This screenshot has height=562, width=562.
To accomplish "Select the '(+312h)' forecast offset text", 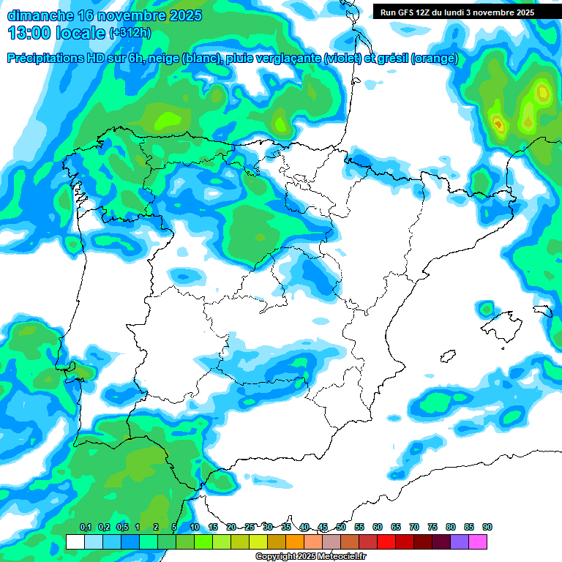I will tap(131, 33).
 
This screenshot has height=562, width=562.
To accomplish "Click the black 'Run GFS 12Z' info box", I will tap(457, 12).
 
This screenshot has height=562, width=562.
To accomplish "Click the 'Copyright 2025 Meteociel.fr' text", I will tap(311, 557).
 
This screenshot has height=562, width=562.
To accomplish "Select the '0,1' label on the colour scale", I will tap(86, 528).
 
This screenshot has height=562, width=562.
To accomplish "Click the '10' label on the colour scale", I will tap(195, 528).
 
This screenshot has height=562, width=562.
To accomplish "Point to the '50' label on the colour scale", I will tap(341, 528).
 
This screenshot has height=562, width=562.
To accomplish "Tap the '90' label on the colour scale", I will tap(487, 528).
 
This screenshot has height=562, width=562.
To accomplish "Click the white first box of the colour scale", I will tap(75, 542).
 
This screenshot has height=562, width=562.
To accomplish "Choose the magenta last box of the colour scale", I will tap(478, 542).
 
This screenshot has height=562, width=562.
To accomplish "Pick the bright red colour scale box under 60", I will tap(386, 542).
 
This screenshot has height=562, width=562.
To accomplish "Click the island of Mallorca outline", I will tap(501, 322).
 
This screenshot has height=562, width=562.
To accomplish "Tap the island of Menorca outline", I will tap(542, 310).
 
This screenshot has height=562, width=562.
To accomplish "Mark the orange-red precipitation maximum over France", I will tap(499, 125).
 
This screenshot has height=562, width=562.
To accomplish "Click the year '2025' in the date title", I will tap(184, 15).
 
